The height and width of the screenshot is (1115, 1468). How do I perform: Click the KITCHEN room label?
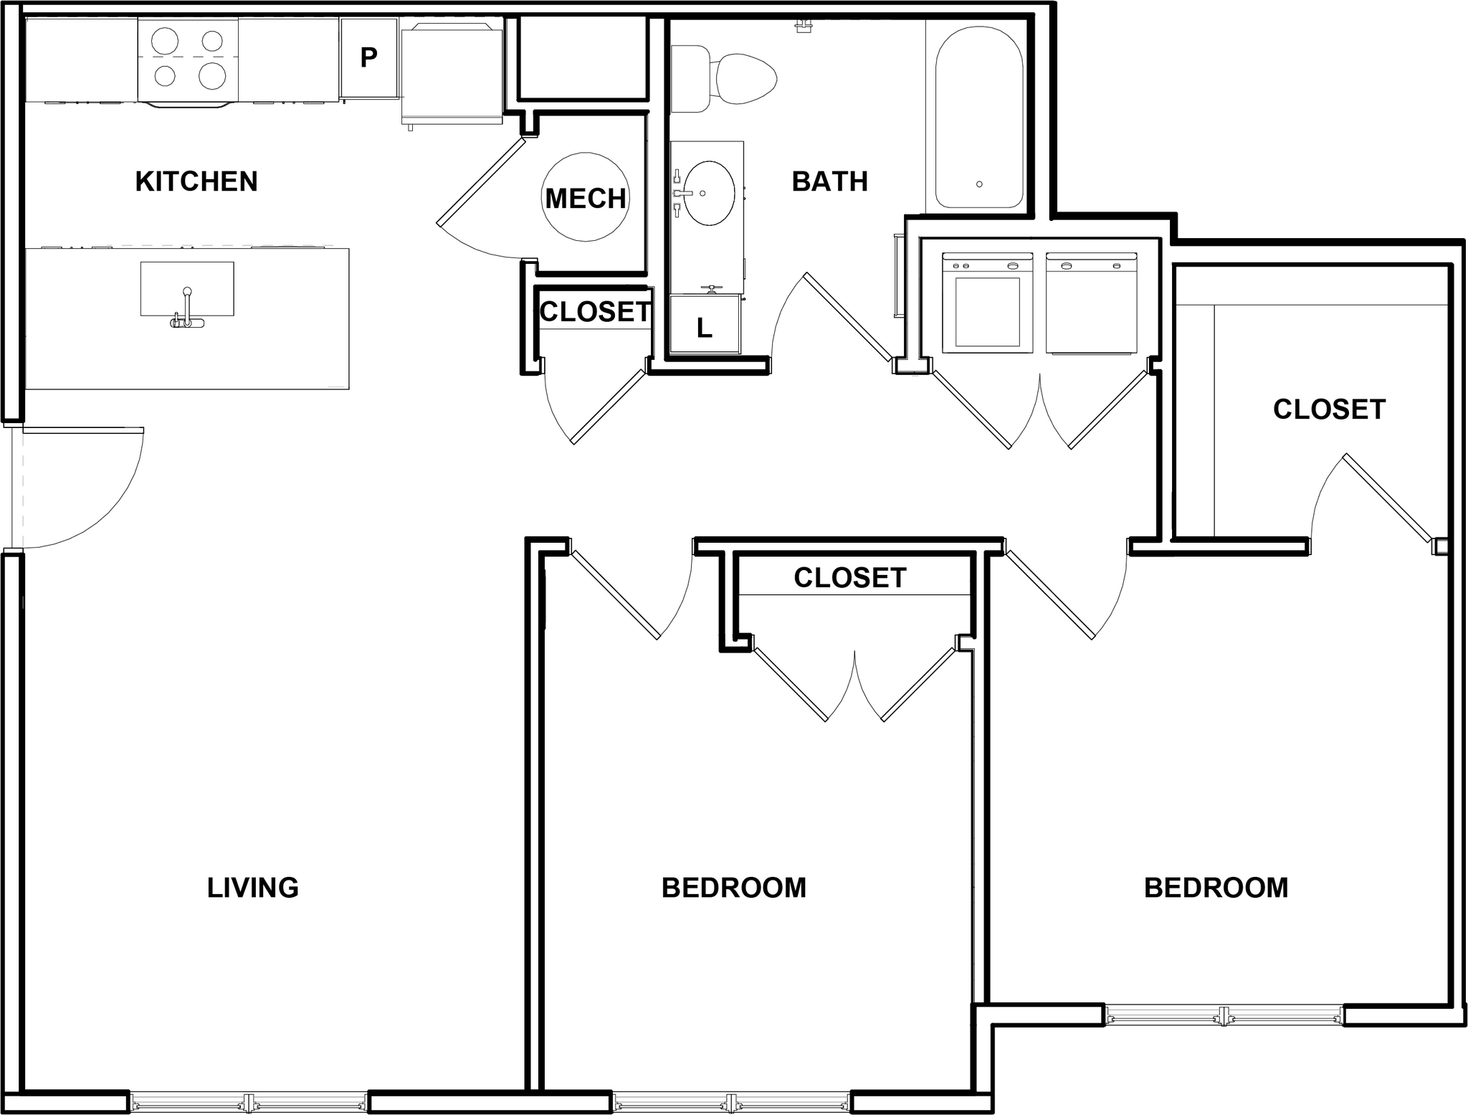coord(196,182)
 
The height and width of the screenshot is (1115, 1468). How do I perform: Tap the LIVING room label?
coord(252,888)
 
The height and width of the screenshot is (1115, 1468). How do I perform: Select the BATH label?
coord(829,182)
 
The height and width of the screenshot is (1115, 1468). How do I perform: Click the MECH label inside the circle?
coord(586,198)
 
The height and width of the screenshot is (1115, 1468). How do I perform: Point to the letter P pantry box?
coord(368,57)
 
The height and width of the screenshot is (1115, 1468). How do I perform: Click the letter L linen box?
coord(705,328)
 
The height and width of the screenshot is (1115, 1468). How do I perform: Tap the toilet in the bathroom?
coord(738,78)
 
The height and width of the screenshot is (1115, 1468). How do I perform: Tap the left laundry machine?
coord(987,303)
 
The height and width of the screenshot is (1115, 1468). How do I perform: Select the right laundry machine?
coord(1091,303)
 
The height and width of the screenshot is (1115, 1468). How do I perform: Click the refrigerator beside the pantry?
coord(452,72)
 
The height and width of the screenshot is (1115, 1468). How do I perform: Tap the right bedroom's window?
coord(1223,1015)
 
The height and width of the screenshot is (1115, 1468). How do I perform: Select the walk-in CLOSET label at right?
coord(1329,409)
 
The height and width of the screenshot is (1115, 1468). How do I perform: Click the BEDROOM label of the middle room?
coord(733,888)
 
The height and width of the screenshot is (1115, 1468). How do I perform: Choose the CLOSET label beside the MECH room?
coord(595,312)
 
